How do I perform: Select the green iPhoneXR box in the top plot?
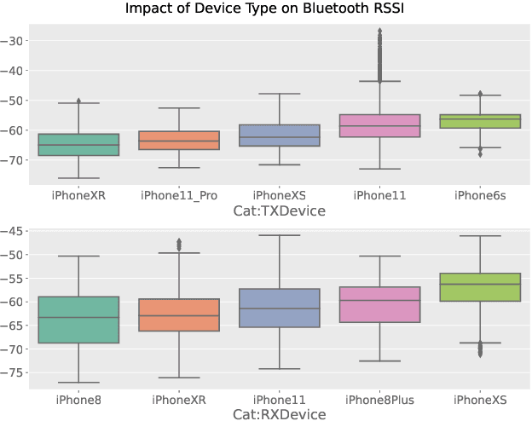pyautogui.click(x=79, y=145)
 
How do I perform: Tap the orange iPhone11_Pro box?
pyautogui.click(x=179, y=141)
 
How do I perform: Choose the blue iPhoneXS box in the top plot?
pyautogui.click(x=280, y=136)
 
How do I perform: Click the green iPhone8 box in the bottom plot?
pyautogui.click(x=79, y=320)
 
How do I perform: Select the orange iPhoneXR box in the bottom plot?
pyautogui.click(x=179, y=314)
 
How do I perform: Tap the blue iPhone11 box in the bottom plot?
pyautogui.click(x=280, y=308)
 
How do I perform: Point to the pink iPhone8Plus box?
pyautogui.click(x=379, y=304)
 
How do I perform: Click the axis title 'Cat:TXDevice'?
pyautogui.click(x=280, y=210)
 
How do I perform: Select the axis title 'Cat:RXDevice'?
pyautogui.click(x=280, y=414)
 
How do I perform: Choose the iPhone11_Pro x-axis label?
pyautogui.click(x=179, y=196)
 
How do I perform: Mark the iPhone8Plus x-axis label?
pyautogui.click(x=379, y=399)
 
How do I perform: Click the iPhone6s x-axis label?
pyautogui.click(x=479, y=196)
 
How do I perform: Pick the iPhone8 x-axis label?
pyautogui.click(x=79, y=399)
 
